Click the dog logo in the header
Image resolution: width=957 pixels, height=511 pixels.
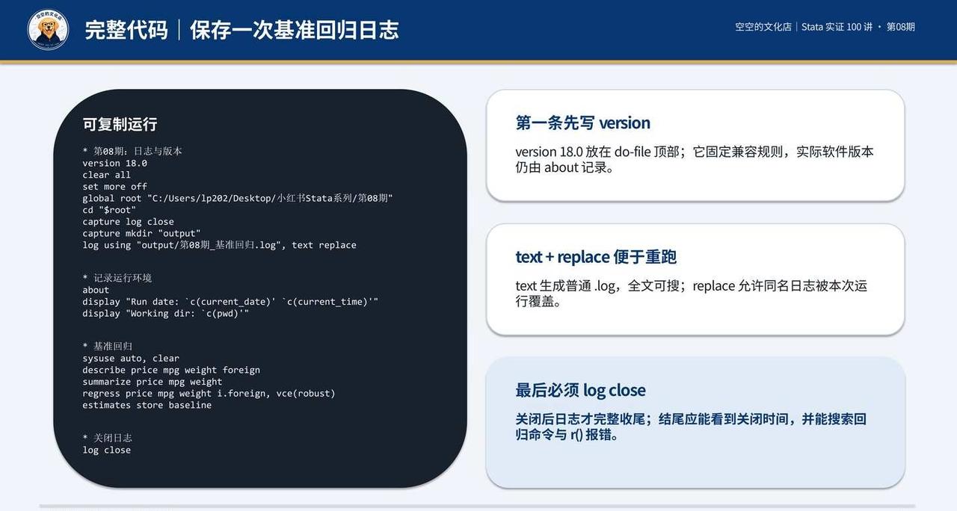pos(48,29)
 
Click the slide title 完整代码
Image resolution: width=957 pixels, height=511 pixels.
pos(126,30)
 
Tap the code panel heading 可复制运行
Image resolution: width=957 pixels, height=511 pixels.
pos(120,124)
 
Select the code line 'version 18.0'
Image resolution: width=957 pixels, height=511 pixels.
pos(114,163)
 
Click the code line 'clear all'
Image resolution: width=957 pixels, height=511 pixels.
pos(106,175)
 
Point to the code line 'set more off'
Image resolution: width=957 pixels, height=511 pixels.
pos(114,187)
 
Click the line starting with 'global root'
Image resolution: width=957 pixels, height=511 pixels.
pos(238,198)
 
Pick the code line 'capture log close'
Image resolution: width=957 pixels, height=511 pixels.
pos(128,222)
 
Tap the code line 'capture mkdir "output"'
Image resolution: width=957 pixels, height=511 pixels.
pos(141,234)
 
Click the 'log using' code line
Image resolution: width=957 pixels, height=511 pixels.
pos(219,245)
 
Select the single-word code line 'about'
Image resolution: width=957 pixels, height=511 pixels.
pos(96,290)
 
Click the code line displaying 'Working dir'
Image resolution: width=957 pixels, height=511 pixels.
pos(166,313)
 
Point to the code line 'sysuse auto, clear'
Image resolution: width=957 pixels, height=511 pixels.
pos(131,358)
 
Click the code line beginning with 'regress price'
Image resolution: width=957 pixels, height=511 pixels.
pos(209,393)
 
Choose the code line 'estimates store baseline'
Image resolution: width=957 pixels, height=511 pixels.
pos(147,405)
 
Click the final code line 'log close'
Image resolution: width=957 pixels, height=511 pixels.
pos(106,450)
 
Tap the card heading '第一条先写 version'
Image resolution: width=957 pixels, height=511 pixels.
pos(582,123)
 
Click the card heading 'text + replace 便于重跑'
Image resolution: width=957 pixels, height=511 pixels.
pos(596,257)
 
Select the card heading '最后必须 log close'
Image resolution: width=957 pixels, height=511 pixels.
pos(581,390)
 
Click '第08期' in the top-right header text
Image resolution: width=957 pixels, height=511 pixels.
pos(901,27)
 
